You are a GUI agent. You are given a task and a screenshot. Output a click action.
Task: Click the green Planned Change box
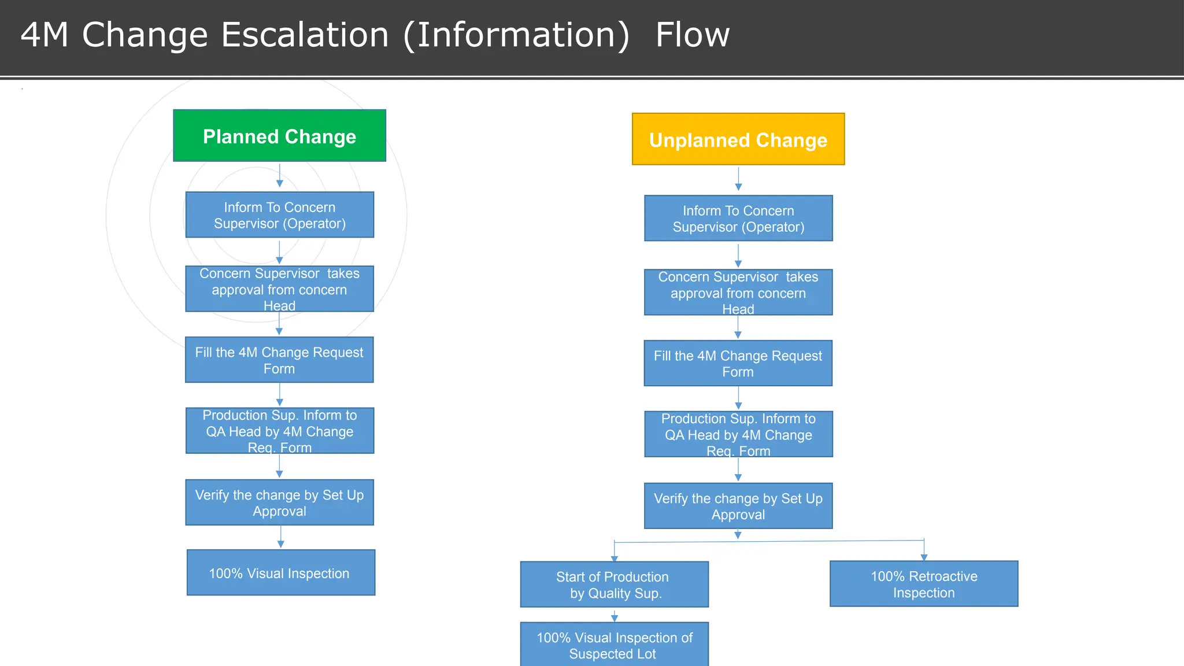pos(279,136)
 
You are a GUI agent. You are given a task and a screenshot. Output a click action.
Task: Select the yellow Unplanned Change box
pos(738,139)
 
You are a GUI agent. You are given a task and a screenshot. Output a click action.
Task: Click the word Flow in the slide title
pos(692,35)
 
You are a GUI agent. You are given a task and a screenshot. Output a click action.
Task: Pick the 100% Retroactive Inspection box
pos(924,584)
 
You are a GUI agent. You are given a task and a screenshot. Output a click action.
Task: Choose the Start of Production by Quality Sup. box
pos(614,584)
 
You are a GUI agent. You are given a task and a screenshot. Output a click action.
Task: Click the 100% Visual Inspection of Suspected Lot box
pos(614,645)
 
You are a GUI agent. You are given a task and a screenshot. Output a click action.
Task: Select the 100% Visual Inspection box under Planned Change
pos(280,573)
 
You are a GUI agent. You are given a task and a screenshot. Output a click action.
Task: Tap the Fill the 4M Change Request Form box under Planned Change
pos(279,360)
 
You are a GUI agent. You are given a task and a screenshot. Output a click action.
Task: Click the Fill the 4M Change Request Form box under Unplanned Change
pos(738,363)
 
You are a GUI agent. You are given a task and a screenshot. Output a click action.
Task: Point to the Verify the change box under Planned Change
pos(279,502)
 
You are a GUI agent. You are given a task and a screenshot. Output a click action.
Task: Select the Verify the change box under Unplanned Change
pos(738,506)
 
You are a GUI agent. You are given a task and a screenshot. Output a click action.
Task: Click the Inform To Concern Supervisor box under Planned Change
pos(279,215)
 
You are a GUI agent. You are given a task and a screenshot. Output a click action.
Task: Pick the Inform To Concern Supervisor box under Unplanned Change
pos(738,219)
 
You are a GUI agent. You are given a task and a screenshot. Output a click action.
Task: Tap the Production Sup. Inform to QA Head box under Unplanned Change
pos(738,434)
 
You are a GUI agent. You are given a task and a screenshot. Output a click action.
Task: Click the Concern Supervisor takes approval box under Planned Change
pos(279,289)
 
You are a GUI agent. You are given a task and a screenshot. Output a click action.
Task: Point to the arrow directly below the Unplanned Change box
pos(738,180)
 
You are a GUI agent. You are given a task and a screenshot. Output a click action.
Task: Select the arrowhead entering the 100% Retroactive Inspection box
pos(924,557)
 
